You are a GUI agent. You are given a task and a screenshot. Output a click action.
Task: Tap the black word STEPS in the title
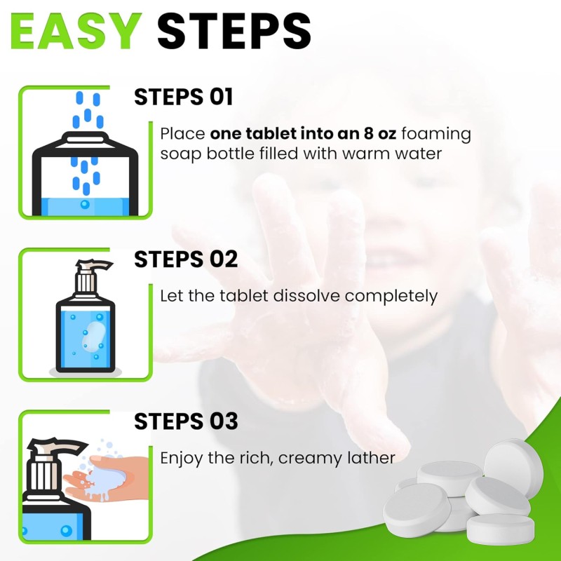pyautogui.click(x=234, y=31)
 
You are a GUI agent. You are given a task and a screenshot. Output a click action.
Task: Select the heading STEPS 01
pyautogui.click(x=183, y=97)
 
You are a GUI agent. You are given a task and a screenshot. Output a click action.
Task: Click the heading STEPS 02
pyautogui.click(x=186, y=259)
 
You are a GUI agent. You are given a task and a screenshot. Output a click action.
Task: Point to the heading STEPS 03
pyautogui.click(x=186, y=421)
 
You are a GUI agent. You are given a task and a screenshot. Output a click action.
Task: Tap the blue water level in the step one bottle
pyautogui.click(x=84, y=205)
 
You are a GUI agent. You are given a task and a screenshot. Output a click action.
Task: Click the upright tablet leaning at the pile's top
pyautogui.click(x=514, y=465)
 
